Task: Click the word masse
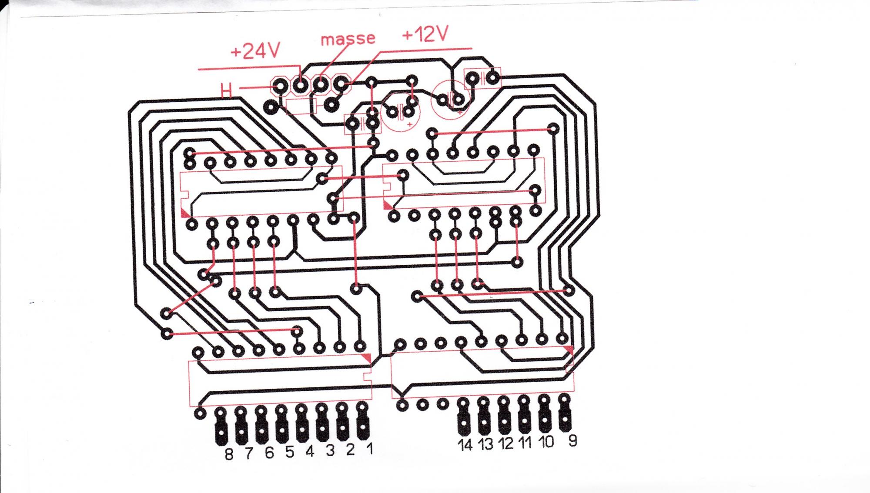point(348,39)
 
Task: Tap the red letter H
point(226,90)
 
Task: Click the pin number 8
point(229,454)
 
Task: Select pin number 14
point(465,445)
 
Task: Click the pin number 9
point(572,441)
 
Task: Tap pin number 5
point(290,452)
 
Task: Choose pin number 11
point(525,443)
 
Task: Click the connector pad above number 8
point(221,428)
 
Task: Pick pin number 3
point(330,451)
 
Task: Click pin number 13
point(485,444)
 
